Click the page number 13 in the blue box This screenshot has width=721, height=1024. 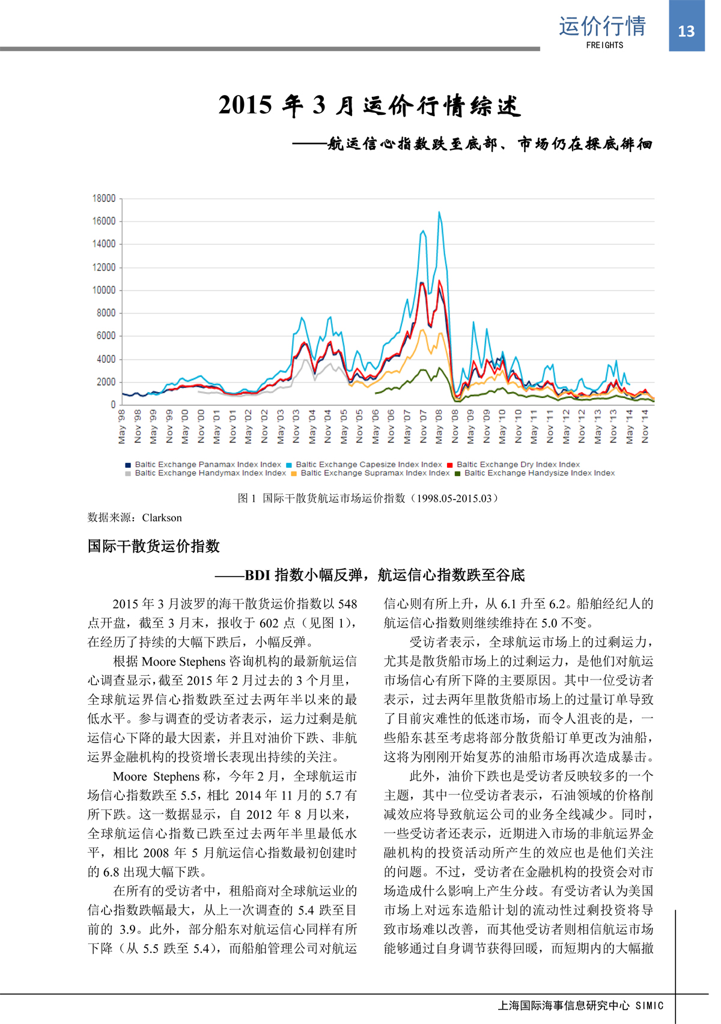[686, 31]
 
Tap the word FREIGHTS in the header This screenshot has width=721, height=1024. [604, 45]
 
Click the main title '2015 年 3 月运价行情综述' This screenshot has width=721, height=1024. [369, 106]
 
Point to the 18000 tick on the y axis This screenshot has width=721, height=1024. [103, 198]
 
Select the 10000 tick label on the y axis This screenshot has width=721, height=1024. [103, 290]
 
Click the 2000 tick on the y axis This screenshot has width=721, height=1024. [105, 382]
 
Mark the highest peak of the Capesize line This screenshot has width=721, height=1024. [439, 212]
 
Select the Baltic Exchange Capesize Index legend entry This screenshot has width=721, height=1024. [368, 464]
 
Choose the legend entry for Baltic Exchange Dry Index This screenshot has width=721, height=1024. [518, 464]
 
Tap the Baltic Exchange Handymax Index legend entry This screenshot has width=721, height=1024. [210, 473]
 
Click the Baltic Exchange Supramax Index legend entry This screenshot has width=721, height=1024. [375, 473]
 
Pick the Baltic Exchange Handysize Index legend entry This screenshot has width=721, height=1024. [539, 473]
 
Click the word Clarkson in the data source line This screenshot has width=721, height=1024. [162, 518]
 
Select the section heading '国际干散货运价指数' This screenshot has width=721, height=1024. [154, 546]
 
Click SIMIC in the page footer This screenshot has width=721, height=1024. [650, 1005]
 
